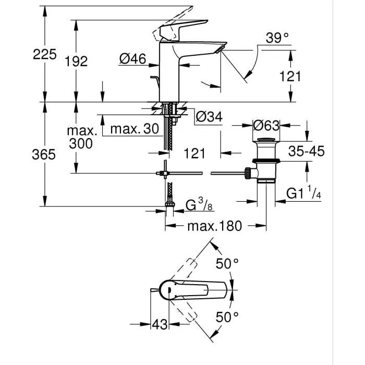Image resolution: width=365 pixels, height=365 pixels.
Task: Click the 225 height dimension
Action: click(x=44, y=54)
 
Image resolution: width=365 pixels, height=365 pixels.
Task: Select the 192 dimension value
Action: click(x=76, y=61)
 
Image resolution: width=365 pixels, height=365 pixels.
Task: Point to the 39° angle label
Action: click(x=277, y=38)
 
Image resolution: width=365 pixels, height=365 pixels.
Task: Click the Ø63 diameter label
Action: click(x=266, y=126)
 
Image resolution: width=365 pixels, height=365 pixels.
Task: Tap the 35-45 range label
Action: click(x=306, y=151)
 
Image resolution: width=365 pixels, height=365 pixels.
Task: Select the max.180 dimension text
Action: click(x=214, y=226)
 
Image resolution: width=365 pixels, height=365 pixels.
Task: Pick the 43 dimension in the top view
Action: click(x=160, y=324)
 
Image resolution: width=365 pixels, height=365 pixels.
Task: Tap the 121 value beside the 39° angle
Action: click(x=290, y=76)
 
